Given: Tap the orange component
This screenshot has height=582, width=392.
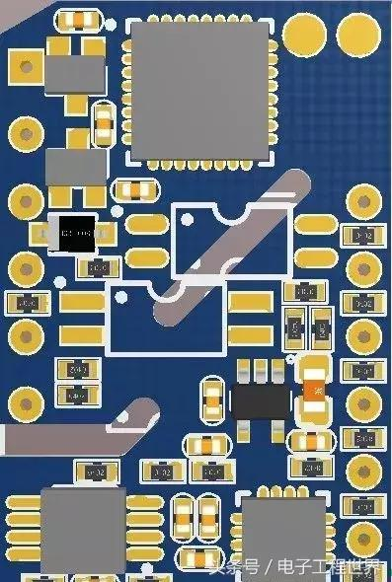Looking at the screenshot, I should [x=315, y=393].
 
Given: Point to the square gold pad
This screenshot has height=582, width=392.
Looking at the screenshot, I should [x=25, y=67].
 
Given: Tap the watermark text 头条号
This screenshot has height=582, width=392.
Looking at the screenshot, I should [x=234, y=566].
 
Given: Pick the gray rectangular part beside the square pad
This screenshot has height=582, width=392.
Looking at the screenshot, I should [x=74, y=75].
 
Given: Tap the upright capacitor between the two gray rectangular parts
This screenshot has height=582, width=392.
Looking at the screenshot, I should [x=103, y=122].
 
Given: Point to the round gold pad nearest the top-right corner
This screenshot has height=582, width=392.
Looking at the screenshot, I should [x=357, y=35].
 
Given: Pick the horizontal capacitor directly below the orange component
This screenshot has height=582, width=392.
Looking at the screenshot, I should [x=313, y=441].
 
